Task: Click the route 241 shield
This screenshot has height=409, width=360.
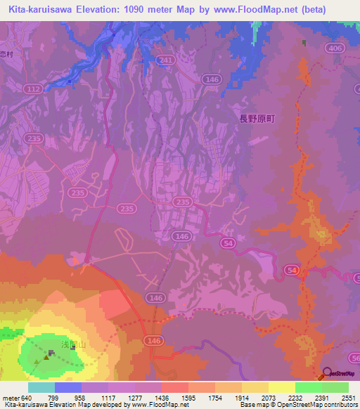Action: pyautogui.click(x=167, y=60)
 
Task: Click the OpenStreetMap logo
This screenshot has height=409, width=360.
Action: pyautogui.click(x=338, y=374)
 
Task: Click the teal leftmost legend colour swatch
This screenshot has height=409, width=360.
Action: pyautogui.click(x=41, y=387)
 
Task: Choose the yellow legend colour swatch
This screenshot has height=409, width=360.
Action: pyautogui.click(x=281, y=387)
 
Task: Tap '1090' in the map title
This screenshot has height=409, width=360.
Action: pyautogui.click(x=137, y=10)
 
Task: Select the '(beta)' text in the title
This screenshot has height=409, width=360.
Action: pyautogui.click(x=333, y=10)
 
